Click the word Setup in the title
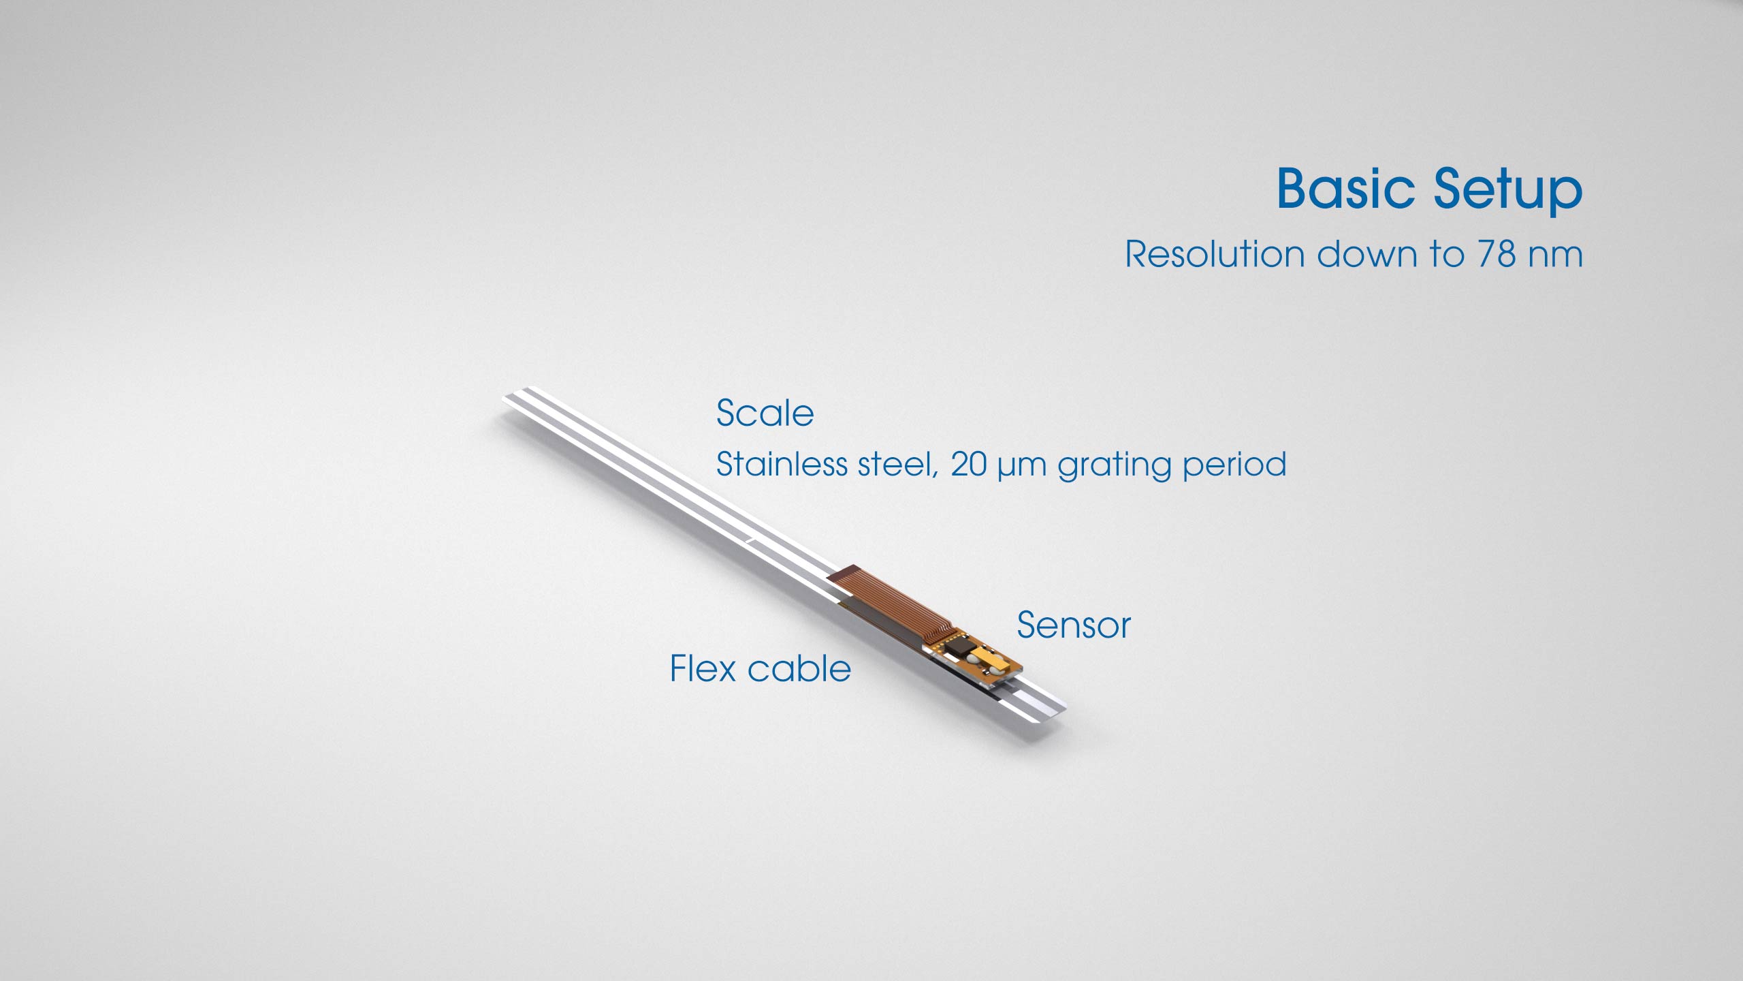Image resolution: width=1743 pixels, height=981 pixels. point(1508,191)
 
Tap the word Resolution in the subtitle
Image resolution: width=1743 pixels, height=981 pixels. point(1215,254)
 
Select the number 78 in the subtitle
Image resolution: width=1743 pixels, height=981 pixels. point(1497,254)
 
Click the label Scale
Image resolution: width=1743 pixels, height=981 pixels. point(765,413)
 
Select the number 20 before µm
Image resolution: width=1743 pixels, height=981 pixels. point(969,464)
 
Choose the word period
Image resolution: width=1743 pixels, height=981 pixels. point(1234,467)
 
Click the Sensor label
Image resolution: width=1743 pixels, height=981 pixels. point(1074,625)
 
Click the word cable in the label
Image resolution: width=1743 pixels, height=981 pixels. point(799,668)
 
